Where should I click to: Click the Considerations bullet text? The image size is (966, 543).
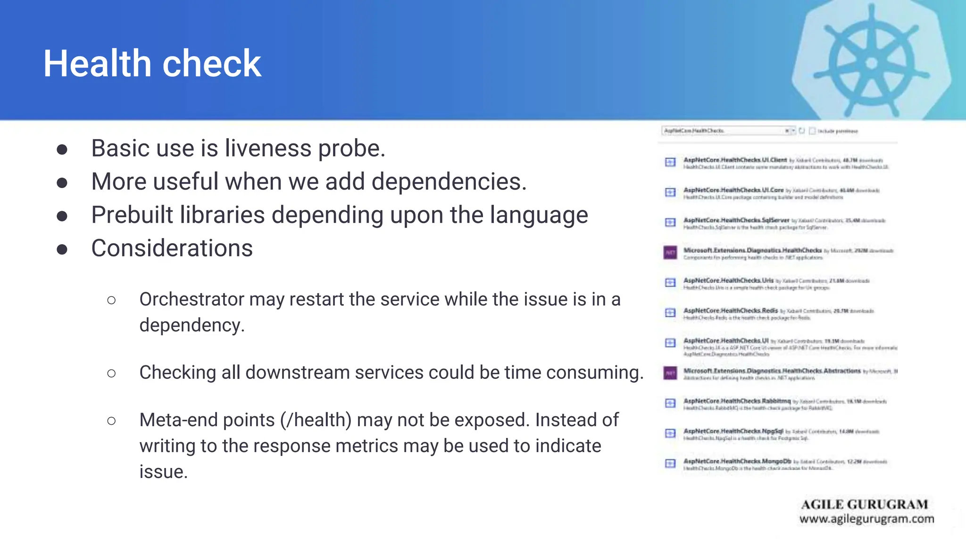[x=172, y=248]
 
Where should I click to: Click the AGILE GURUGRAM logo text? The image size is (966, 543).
[x=864, y=504]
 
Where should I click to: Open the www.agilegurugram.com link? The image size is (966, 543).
[x=866, y=519]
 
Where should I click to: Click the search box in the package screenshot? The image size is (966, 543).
[x=722, y=131]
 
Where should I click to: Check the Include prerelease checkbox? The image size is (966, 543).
[x=812, y=131]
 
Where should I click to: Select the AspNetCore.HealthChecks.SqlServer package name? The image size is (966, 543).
[x=736, y=220]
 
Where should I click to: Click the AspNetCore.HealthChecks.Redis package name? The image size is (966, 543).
[x=730, y=311]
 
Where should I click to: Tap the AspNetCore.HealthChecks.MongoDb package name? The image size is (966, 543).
[x=737, y=461]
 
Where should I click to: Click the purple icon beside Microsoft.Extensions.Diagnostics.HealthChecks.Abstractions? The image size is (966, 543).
[x=670, y=373]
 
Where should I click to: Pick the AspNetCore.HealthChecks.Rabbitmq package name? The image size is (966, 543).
[x=737, y=401]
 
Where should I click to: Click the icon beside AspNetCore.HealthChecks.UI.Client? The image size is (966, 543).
[x=670, y=162]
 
